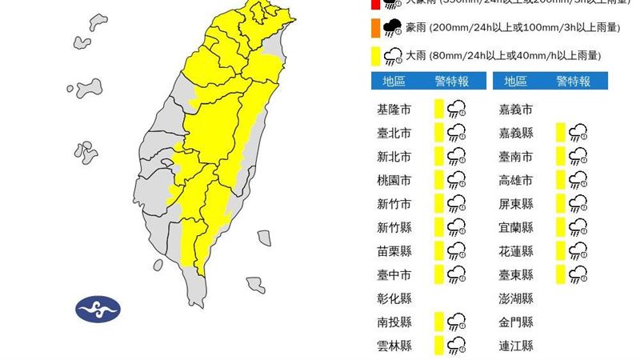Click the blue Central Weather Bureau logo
[x=98, y=308]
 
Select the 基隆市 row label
[x=393, y=109]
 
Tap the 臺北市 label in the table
[x=393, y=133]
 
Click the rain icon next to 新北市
[x=457, y=156]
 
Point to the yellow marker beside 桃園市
[x=438, y=180]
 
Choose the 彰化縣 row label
[x=393, y=298]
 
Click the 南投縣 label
[x=393, y=322]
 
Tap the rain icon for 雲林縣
[x=457, y=346]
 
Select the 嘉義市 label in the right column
[x=515, y=109]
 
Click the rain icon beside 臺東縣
[x=577, y=274]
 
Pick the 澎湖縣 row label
[x=515, y=298]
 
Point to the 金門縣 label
[x=515, y=322]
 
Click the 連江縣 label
[x=515, y=346]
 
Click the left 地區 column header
[x=393, y=81]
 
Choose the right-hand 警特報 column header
[x=574, y=81]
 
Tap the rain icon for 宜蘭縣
[x=577, y=227]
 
